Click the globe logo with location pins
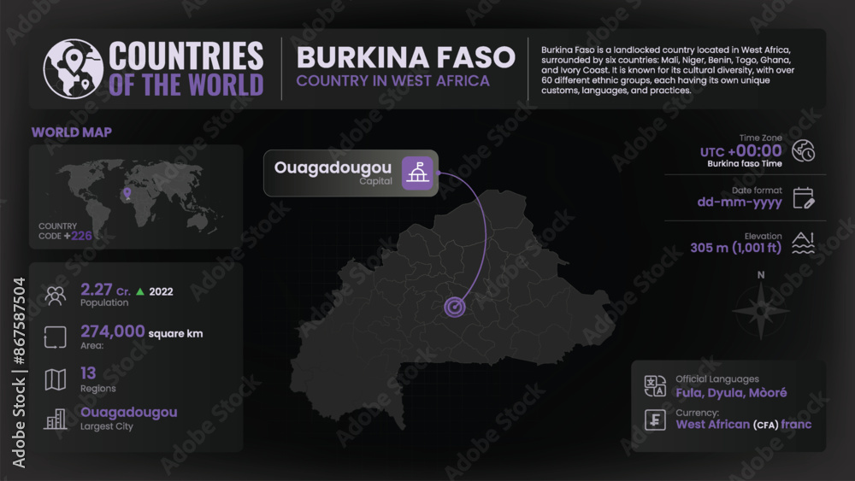coord(74,68)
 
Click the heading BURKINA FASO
coord(405,57)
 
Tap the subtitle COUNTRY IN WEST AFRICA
coord(392,81)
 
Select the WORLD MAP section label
coord(72,132)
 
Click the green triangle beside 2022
coord(140,291)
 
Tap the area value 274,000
coord(112,331)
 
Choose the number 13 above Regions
coord(88,372)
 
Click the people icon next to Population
coord(56,296)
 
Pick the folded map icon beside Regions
coord(56,378)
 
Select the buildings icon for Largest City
coord(56,419)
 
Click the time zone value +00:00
coord(756,151)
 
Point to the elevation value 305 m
coord(715,248)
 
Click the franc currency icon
coord(655,419)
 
